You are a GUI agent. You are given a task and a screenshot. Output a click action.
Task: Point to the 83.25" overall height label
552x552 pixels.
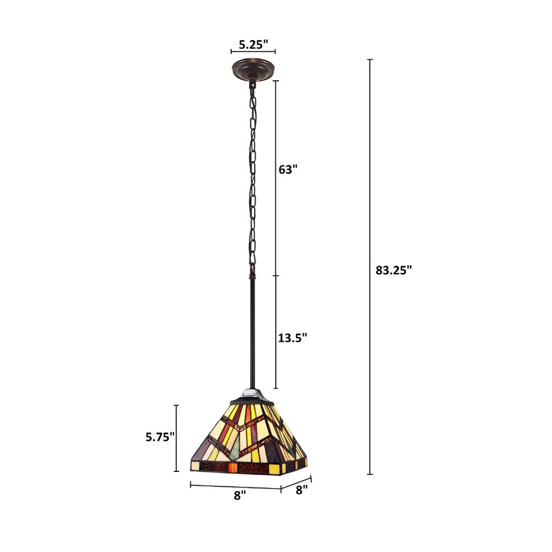[394, 270]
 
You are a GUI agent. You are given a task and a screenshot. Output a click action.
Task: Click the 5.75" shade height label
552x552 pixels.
[160, 437]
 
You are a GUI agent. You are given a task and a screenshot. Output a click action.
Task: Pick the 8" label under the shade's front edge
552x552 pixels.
[239, 496]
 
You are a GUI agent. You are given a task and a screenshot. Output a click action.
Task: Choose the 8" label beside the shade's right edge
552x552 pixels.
[301, 489]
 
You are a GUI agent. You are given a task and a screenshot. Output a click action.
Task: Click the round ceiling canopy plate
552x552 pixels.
[252, 70]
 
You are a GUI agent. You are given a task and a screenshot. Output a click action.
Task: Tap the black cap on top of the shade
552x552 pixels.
[252, 396]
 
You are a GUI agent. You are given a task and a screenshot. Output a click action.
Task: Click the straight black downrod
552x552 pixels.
[252, 331]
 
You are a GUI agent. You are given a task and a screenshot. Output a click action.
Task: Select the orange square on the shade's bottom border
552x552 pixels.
[232, 468]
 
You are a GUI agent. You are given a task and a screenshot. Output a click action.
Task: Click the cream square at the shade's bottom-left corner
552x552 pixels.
[195, 466]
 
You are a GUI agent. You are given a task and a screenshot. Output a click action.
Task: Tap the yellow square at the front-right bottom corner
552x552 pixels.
[274, 469]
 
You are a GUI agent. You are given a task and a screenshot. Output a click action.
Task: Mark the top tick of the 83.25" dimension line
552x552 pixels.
[370, 59]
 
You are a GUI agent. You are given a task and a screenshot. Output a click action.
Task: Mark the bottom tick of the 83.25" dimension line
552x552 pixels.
[370, 474]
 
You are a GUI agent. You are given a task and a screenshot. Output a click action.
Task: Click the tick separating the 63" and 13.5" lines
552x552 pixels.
[276, 275]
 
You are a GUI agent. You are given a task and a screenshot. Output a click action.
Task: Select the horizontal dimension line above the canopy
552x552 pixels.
[252, 52]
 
